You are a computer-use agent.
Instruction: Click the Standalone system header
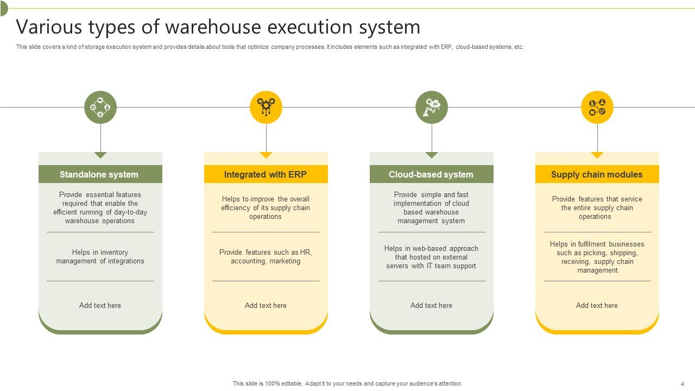100,174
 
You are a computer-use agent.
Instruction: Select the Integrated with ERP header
266,174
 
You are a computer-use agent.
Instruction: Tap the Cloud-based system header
431,174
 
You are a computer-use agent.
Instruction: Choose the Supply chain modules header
597,174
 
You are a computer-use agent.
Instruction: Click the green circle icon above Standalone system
100,107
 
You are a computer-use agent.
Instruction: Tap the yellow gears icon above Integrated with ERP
266,107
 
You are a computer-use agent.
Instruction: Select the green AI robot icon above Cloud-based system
432,107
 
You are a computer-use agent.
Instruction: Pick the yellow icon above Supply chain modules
597,107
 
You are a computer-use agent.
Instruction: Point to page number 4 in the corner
683,384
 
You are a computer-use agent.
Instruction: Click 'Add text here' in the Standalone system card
100,305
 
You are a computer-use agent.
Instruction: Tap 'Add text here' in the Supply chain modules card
597,305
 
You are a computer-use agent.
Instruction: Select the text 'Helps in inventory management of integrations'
100,257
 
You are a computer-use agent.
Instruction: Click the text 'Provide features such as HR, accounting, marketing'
266,257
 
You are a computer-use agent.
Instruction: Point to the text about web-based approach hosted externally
431,257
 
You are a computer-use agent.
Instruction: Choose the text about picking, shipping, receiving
597,257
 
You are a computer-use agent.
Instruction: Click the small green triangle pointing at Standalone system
100,155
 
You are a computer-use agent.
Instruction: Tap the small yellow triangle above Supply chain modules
597,155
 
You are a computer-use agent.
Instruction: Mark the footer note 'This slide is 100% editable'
347,383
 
